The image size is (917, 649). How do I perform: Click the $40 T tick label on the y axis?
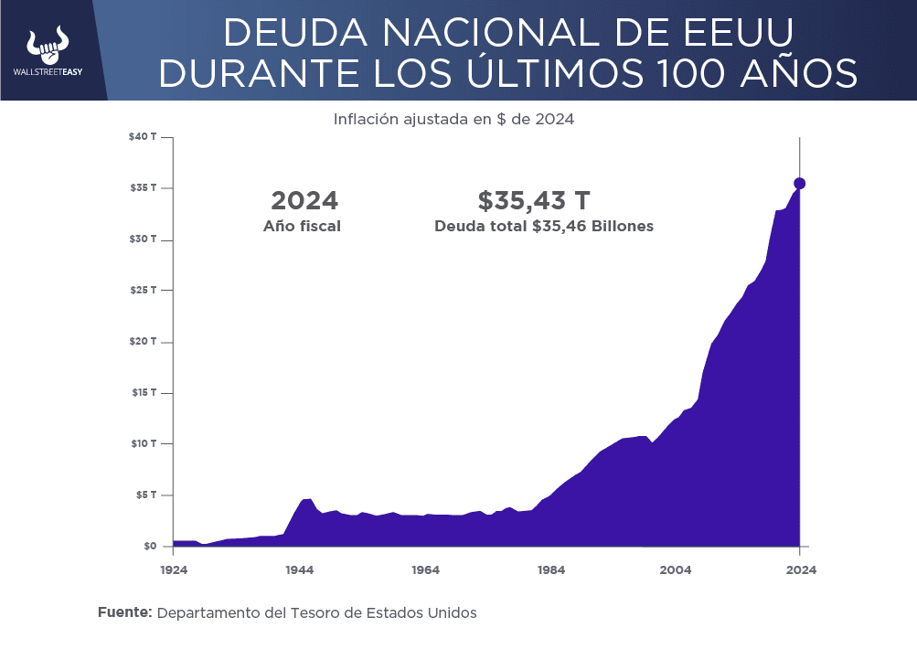point(143,137)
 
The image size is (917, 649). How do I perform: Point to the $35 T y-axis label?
point(143,188)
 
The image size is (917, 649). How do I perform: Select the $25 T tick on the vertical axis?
point(143,291)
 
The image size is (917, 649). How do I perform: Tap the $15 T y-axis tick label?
point(143,393)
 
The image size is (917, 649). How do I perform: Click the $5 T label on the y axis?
point(145,495)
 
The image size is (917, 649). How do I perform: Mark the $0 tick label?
point(149,547)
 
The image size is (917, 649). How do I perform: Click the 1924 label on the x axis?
point(174,569)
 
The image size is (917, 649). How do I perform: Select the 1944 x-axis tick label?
point(299,569)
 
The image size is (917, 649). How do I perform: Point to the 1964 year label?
point(425,569)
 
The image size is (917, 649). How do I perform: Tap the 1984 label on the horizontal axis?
point(550,569)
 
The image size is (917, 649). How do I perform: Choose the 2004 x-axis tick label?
point(676,569)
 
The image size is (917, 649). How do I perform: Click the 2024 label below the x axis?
point(800,569)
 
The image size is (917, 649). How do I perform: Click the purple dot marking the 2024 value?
point(800,184)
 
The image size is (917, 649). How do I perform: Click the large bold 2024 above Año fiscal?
point(304,201)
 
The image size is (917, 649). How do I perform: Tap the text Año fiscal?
point(302,227)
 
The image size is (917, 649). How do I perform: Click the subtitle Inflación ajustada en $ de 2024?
point(453,119)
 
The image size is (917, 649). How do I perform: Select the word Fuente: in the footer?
point(124,612)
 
